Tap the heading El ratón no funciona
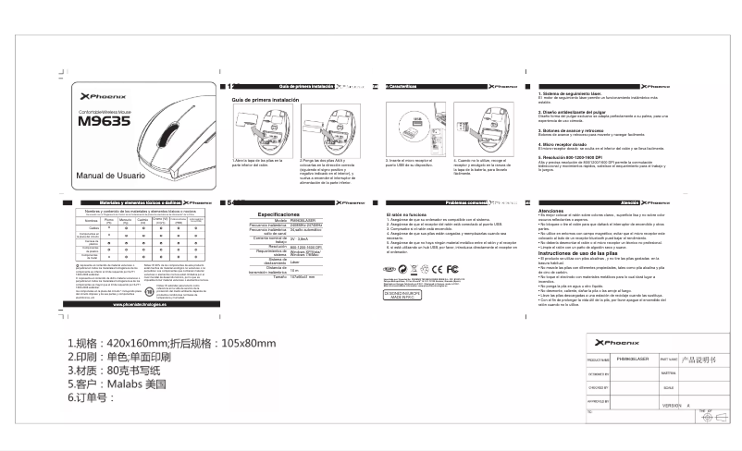[406, 213]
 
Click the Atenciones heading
[552, 212]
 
